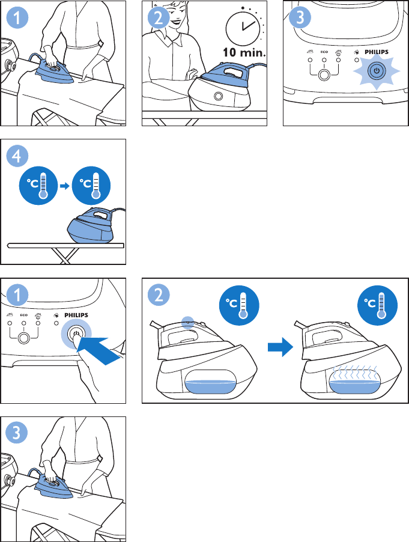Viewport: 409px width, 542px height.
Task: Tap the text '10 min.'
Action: click(244, 52)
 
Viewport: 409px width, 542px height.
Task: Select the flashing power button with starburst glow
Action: click(376, 72)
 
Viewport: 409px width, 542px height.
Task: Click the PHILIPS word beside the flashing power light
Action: click(377, 52)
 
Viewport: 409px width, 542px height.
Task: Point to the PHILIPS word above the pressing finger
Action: click(76, 315)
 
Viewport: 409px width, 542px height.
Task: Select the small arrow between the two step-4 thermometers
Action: click(65, 186)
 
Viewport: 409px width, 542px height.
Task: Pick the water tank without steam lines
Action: click(210, 382)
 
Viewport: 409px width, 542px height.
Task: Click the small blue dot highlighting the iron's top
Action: click(187, 322)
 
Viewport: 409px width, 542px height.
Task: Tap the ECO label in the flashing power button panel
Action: click(324, 52)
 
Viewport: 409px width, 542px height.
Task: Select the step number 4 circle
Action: click(17, 156)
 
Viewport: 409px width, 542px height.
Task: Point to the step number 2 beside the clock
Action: click(159, 17)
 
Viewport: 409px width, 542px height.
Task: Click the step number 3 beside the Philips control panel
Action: click(300, 17)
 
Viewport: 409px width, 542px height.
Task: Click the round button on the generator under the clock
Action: click(219, 96)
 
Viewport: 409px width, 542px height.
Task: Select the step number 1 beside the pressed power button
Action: click(17, 295)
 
